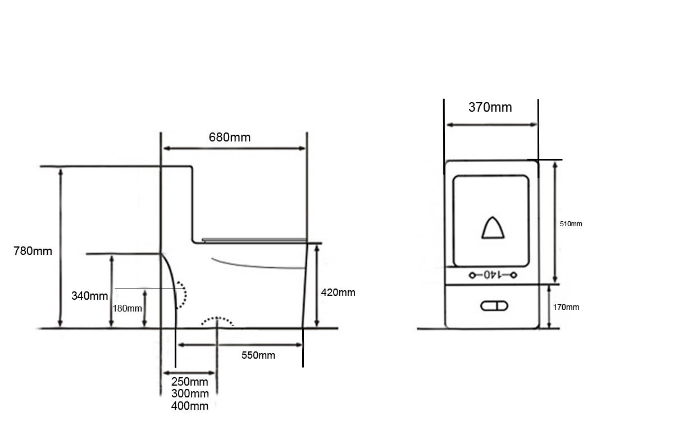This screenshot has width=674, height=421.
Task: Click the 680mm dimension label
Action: pyautogui.click(x=230, y=138)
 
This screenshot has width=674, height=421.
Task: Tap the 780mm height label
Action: pyautogui.click(x=33, y=251)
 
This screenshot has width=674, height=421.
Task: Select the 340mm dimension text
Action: pyautogui.click(x=90, y=296)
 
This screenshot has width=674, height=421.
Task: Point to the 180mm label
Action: pyautogui.click(x=127, y=309)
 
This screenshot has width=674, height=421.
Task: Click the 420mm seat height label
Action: pyautogui.click(x=338, y=292)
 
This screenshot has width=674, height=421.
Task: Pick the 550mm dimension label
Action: pyautogui.click(x=258, y=355)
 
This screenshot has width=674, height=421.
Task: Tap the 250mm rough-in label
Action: pyautogui.click(x=190, y=382)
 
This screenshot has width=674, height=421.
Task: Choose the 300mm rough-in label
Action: pyautogui.click(x=190, y=393)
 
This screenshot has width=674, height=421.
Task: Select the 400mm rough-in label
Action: pyautogui.click(x=190, y=406)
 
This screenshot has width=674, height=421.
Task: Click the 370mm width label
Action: pyautogui.click(x=490, y=107)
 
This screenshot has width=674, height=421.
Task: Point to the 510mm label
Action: pyautogui.click(x=571, y=224)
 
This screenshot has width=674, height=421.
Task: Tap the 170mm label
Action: pyautogui.click(x=566, y=307)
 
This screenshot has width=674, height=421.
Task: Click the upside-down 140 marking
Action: pyautogui.click(x=493, y=275)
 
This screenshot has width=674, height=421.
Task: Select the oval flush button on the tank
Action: pyautogui.click(x=494, y=306)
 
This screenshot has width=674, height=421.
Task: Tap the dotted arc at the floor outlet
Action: pyautogui.click(x=217, y=318)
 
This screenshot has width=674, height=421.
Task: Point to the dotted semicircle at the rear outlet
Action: pyautogui.click(x=185, y=295)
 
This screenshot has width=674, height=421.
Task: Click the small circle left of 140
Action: pyautogui.click(x=472, y=275)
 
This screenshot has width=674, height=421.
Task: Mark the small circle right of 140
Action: pyautogui.click(x=513, y=275)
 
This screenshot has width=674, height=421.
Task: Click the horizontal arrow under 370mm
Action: pyautogui.click(x=491, y=125)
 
